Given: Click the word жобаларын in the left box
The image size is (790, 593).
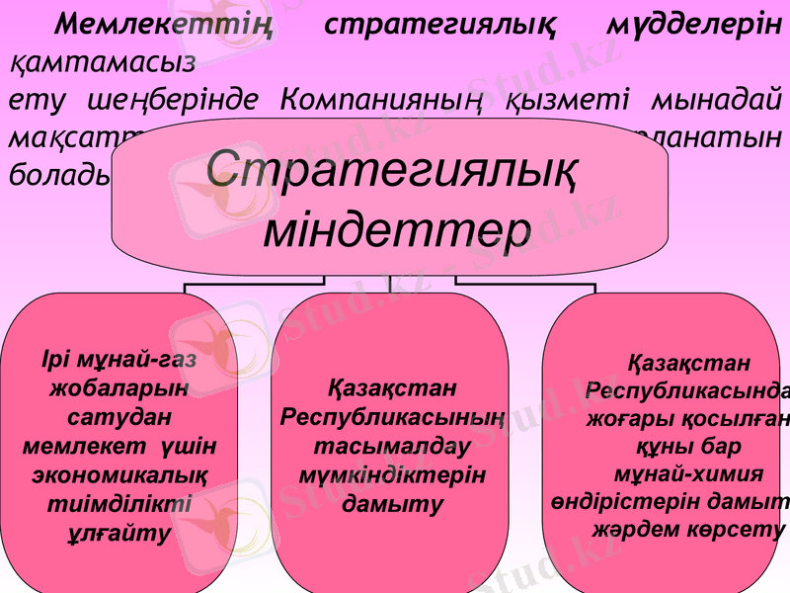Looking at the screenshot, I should (x=119, y=386).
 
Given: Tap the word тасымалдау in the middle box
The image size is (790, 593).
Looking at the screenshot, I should (x=391, y=446).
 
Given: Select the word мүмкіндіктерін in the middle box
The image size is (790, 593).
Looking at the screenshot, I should (x=392, y=474).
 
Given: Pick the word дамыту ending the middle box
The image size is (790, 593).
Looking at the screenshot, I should (x=392, y=503).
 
